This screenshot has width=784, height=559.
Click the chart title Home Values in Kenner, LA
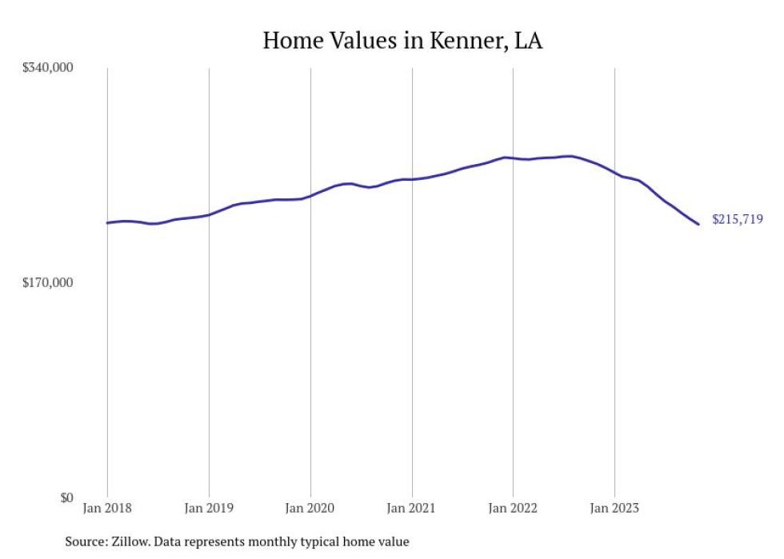coord(402,41)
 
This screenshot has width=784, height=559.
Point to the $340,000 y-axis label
coord(47,67)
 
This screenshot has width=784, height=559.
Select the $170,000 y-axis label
coord(47,282)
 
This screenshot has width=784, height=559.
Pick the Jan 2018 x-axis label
coord(107,507)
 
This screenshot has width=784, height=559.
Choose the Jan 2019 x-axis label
coord(209,507)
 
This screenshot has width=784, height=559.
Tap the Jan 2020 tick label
coord(310,507)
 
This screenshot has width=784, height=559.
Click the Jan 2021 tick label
coord(412,507)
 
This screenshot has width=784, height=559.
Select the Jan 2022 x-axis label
coord(513,507)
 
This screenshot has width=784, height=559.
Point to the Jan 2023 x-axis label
coord(614,507)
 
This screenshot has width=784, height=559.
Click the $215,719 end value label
coord(738,219)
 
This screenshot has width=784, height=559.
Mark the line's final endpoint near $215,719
coord(699,224)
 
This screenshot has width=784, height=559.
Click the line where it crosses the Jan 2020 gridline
coord(310,196)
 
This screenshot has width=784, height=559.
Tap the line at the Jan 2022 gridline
coord(513,158)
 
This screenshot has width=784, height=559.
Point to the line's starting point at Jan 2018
coord(107,222)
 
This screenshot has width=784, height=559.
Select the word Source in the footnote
coord(85,541)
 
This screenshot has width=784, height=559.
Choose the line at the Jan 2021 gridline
coord(412,179)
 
